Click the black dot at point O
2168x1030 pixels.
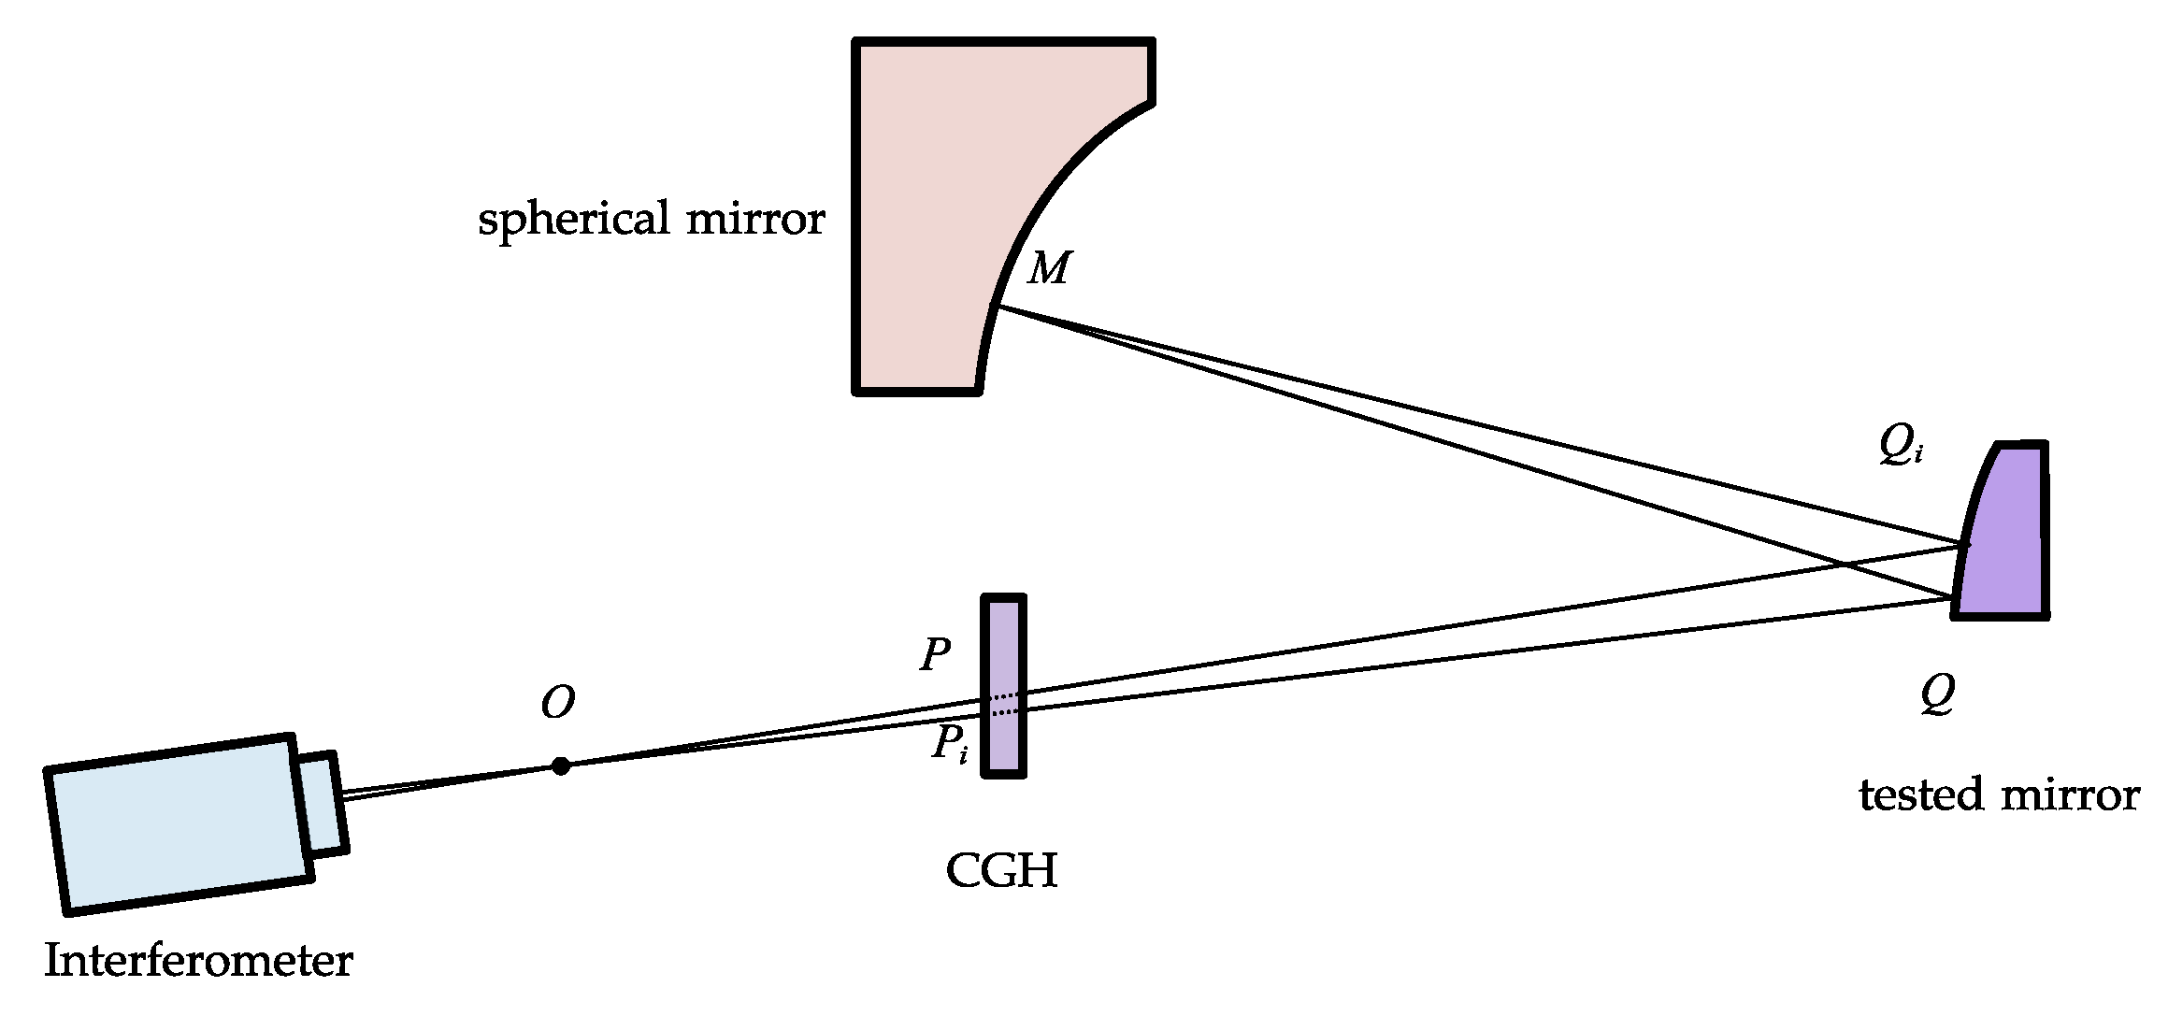(x=560, y=766)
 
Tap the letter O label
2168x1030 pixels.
(x=557, y=703)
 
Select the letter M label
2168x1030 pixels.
(x=1049, y=269)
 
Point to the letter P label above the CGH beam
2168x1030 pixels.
(x=935, y=654)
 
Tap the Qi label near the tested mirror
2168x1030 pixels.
(x=1901, y=446)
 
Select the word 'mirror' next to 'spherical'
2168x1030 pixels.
(x=755, y=219)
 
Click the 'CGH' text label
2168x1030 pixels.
(x=1001, y=871)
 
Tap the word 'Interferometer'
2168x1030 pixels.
(x=198, y=961)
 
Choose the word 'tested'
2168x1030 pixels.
(x=1920, y=795)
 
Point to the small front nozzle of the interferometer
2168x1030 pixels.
(x=323, y=803)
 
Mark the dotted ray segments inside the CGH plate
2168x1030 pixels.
(x=1003, y=704)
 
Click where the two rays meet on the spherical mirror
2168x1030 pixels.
(x=997, y=307)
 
